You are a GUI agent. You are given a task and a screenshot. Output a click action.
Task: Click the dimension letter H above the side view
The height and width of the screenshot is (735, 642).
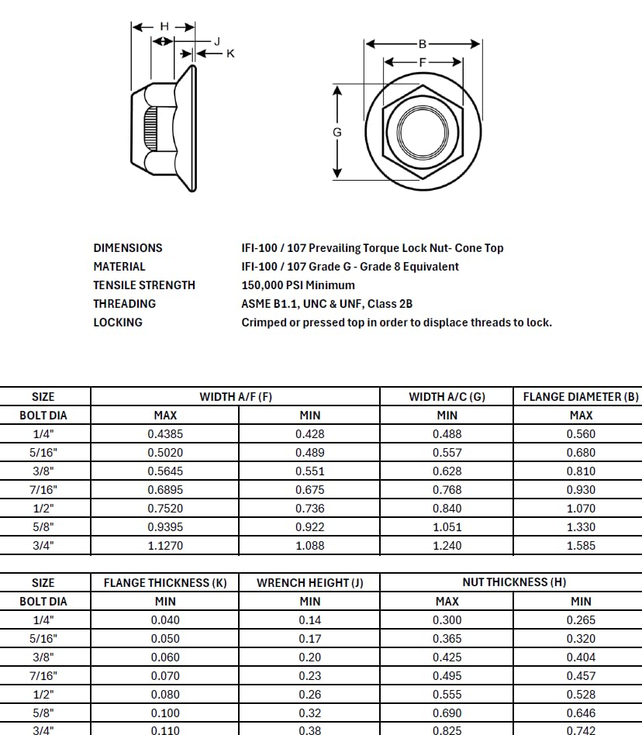click(x=164, y=26)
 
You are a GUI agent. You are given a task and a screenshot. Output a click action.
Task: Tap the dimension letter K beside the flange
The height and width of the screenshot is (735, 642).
click(x=230, y=53)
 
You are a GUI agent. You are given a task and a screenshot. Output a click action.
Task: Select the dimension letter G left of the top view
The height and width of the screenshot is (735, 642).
click(x=337, y=133)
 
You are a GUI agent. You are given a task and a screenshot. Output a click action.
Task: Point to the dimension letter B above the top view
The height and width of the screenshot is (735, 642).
click(x=423, y=44)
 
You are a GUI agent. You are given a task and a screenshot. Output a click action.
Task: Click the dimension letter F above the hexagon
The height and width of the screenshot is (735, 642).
click(x=423, y=62)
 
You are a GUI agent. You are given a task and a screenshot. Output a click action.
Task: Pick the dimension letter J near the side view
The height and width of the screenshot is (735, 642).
click(x=217, y=41)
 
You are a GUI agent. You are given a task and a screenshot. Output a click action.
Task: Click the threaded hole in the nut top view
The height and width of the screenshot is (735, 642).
click(x=423, y=132)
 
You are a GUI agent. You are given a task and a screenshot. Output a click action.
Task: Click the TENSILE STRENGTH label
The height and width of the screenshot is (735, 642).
click(x=144, y=285)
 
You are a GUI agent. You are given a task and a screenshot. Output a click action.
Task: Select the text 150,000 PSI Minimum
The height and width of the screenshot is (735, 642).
click(x=298, y=285)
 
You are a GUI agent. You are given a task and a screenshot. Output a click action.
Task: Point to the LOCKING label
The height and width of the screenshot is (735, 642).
click(x=118, y=323)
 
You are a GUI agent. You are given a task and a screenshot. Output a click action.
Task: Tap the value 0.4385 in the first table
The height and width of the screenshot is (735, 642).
click(x=165, y=434)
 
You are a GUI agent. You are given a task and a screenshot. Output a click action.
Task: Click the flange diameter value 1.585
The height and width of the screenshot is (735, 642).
click(x=581, y=546)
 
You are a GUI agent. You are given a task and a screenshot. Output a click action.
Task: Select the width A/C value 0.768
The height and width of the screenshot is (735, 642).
click(x=447, y=490)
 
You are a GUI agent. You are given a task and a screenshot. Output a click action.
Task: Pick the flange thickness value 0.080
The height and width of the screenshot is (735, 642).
click(x=165, y=695)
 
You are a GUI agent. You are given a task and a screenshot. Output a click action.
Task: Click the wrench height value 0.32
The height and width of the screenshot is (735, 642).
click(x=309, y=713)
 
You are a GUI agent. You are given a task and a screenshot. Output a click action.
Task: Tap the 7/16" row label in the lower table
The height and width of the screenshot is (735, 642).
click(x=43, y=676)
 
